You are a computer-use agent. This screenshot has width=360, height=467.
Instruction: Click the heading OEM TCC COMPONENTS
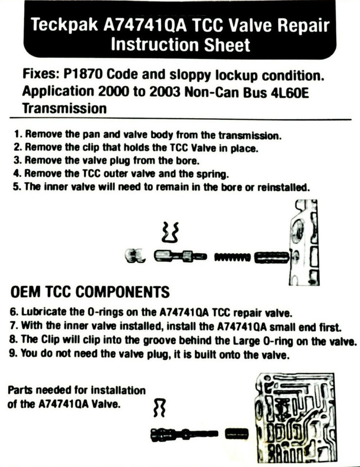coord(90,292)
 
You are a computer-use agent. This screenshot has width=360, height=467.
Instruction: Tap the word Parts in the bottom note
coord(19,391)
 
